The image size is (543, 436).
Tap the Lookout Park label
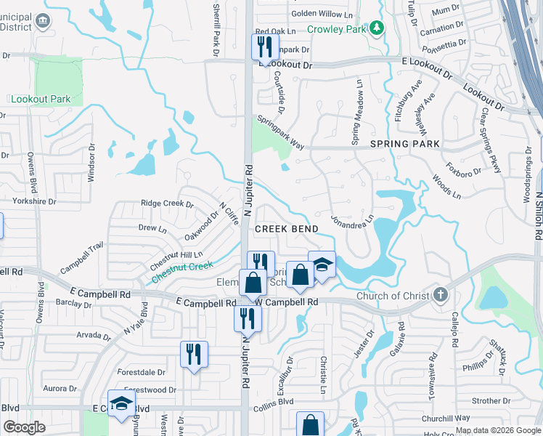[41, 99]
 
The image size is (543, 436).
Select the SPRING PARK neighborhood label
[405, 144]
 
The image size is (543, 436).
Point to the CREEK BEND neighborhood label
[286, 229]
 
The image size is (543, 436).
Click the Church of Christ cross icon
[438, 295]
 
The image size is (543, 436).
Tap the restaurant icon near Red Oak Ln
[264, 47]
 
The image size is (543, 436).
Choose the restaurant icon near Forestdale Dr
[194, 354]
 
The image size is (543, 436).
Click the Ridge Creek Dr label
[167, 204]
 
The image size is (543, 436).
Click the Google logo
[24, 427]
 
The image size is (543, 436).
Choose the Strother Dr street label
[491, 400]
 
